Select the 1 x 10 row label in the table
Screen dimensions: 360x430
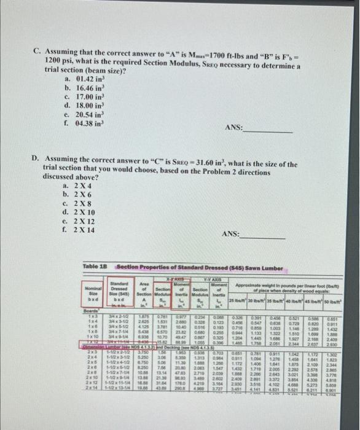[x=88, y=337]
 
